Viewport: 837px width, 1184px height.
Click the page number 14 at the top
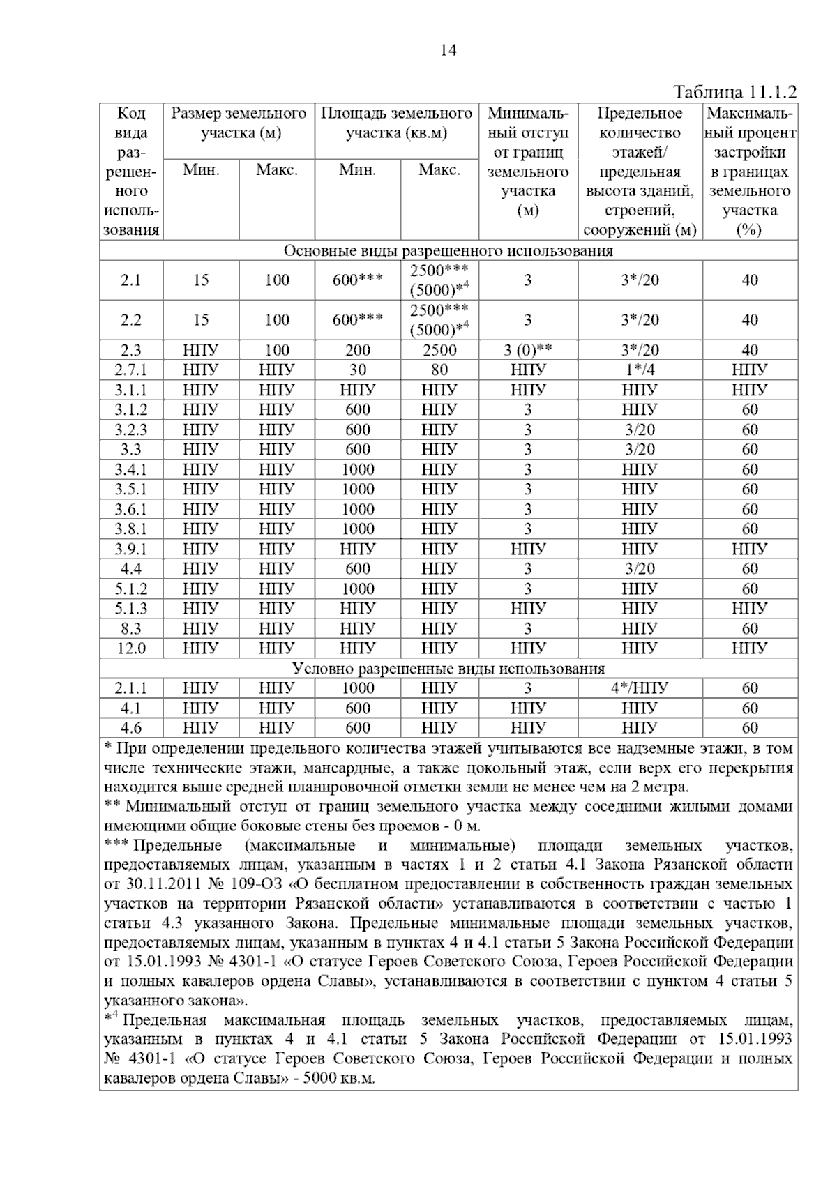448,51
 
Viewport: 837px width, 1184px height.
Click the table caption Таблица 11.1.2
734,93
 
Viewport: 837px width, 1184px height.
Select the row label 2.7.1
131,370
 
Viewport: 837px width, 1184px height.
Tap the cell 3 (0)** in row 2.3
528,350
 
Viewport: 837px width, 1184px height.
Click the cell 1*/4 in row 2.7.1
640,370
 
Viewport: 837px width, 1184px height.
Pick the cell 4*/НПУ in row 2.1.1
640,688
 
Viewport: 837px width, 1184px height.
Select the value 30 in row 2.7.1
357,370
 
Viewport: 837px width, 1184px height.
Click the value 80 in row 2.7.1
439,370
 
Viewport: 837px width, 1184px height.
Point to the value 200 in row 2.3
357,350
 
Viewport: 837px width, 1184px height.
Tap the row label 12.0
131,648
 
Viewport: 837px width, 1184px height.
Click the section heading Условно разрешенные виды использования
448,669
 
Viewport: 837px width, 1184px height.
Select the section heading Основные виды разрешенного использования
448,251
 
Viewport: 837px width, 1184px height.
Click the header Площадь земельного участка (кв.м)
396,123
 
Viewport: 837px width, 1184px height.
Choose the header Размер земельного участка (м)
239,123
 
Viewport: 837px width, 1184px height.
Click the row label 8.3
131,629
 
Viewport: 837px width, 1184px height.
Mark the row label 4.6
131,728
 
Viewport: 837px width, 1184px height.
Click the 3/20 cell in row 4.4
640,569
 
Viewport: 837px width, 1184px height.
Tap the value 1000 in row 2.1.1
357,688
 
